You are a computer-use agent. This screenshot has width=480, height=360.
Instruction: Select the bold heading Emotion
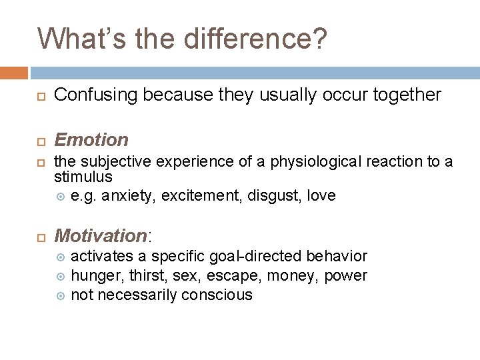(91, 140)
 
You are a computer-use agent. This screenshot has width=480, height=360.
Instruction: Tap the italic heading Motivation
(100, 236)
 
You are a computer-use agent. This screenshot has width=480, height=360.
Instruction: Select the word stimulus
(83, 177)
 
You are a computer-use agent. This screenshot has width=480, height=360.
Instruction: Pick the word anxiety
(125, 196)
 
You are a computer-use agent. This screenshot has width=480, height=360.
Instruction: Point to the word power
(345, 275)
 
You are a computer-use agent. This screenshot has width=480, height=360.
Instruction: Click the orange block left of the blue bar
(14, 73)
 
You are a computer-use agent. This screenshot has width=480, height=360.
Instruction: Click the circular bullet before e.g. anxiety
(61, 197)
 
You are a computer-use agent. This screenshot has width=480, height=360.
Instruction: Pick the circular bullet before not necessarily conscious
(61, 295)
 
